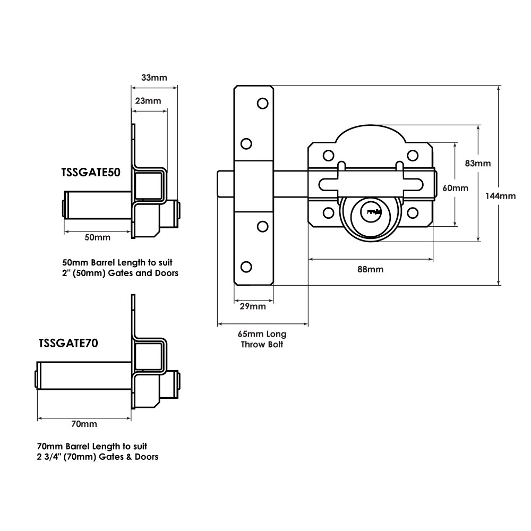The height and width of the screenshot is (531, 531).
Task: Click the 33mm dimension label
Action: pos(154,78)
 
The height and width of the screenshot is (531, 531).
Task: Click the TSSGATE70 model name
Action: pos(68,343)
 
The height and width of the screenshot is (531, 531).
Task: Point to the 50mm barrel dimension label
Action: pos(98,237)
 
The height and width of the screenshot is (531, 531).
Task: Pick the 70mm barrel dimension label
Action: pos(84,424)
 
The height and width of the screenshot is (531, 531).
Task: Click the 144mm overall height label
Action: pos(501,195)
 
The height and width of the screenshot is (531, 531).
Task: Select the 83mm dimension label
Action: pos(477,163)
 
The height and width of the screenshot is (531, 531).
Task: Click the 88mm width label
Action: pos(370,269)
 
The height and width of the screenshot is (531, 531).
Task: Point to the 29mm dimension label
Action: pos(253,307)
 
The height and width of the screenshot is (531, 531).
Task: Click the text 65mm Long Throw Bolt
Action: pos(262,339)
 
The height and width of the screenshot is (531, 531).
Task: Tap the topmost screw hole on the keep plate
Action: pos(262,103)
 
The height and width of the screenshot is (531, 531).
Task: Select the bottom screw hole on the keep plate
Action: pos(246,266)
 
